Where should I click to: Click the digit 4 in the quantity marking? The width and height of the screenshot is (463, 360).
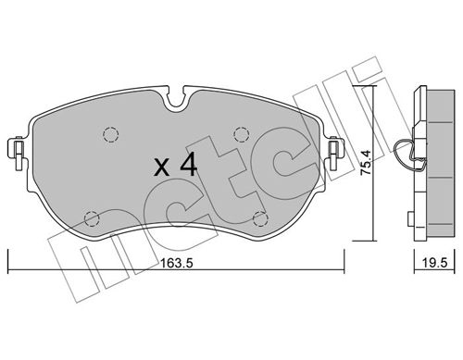point(188,168)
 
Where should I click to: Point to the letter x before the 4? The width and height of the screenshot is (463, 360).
point(161,169)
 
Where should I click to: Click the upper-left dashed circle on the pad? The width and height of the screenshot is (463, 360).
point(110,133)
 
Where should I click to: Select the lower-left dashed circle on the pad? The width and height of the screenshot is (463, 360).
point(91,219)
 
